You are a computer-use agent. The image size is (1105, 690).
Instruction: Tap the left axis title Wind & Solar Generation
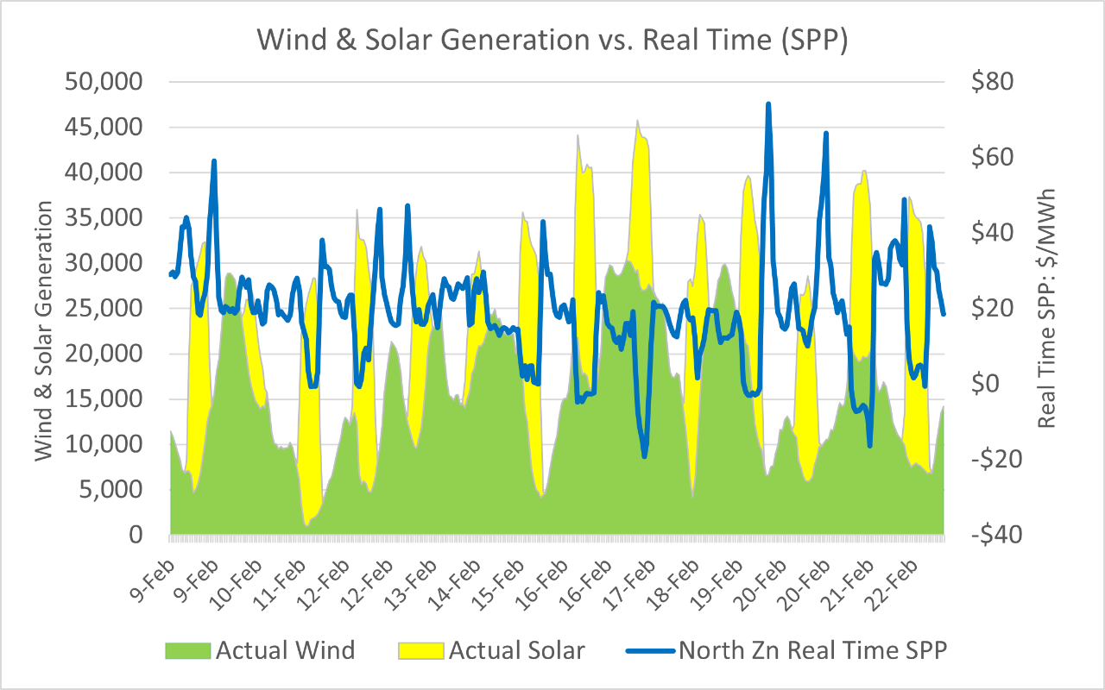pyautogui.click(x=44, y=331)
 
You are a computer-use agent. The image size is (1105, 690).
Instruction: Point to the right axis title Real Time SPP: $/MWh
pyautogui.click(x=1047, y=307)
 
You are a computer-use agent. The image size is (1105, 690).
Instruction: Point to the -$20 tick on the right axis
pyautogui.click(x=990, y=460)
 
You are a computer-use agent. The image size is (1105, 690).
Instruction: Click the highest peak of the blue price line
pyautogui.click(x=767, y=103)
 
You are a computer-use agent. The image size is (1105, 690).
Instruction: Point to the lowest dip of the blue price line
pyautogui.click(x=644, y=456)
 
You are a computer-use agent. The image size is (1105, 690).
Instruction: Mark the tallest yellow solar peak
pyautogui.click(x=637, y=121)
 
